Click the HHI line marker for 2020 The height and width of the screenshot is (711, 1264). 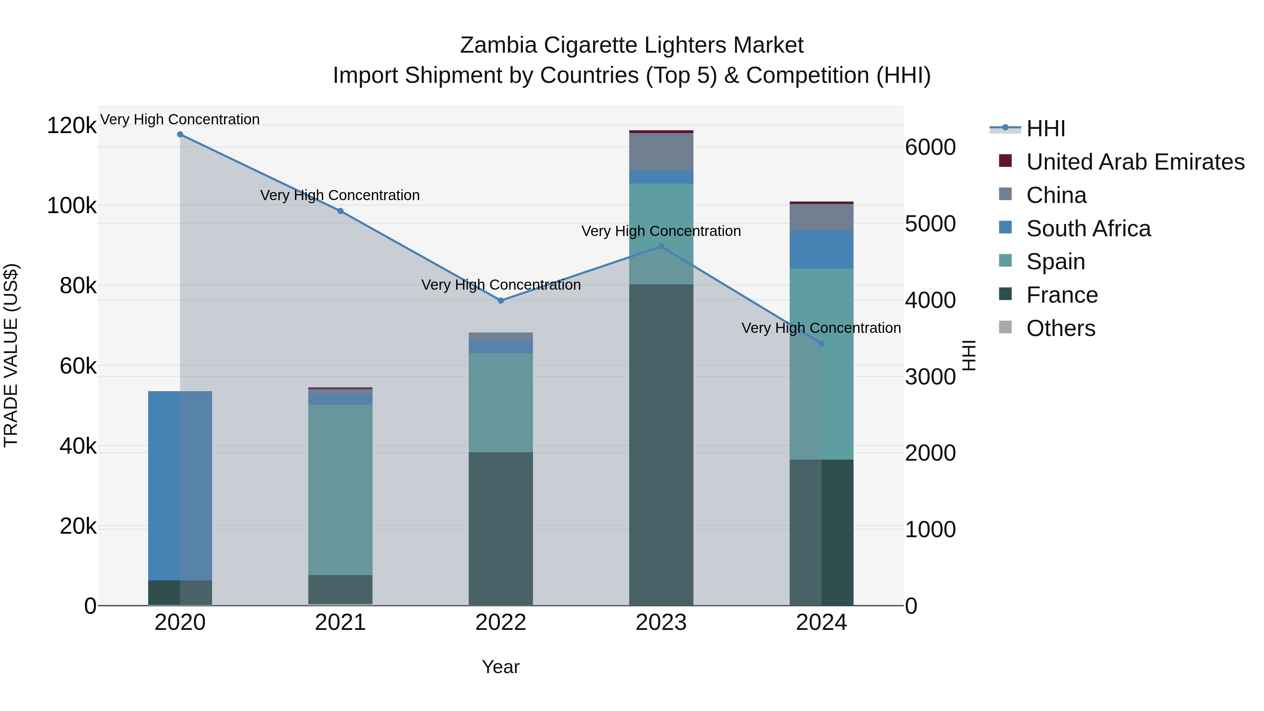pos(180,134)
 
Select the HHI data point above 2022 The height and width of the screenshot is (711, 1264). pos(500,300)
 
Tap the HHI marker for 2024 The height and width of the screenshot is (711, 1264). pos(821,343)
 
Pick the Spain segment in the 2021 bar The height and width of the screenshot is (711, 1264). pos(340,490)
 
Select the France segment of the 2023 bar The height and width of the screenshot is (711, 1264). pos(661,445)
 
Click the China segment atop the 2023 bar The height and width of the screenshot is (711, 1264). pos(661,151)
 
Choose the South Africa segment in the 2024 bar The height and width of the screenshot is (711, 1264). pos(821,249)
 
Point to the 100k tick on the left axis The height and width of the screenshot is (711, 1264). pos(72,206)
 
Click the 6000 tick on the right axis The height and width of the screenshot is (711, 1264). pos(930,147)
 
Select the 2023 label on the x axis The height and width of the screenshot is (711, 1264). pos(661,623)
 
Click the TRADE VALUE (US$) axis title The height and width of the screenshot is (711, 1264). pos(11,355)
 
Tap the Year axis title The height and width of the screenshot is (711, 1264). pos(500,667)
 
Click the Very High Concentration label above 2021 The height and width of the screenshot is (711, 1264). pos(340,195)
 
